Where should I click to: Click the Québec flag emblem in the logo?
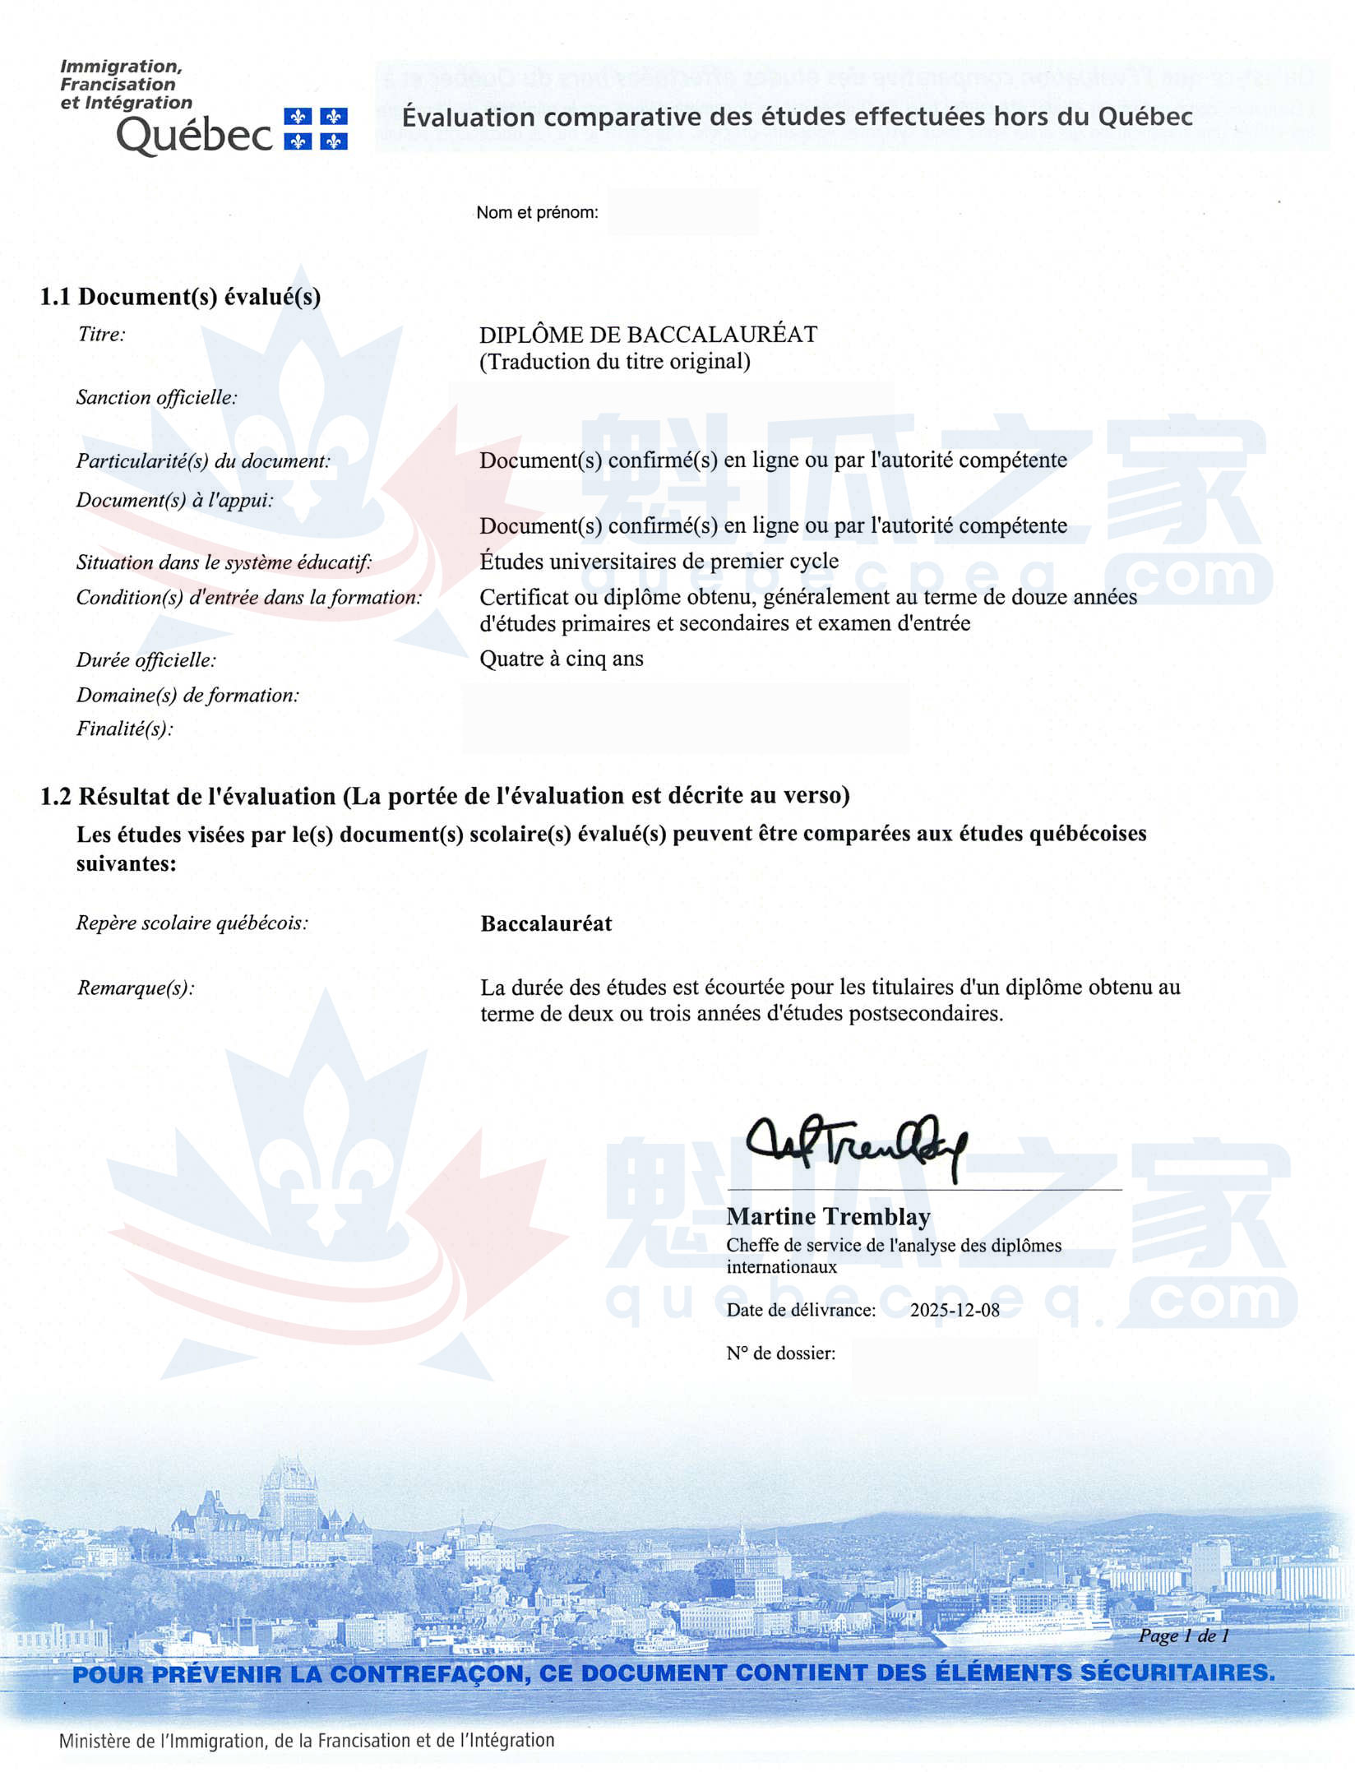click(316, 128)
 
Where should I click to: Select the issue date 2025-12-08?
click(955, 1310)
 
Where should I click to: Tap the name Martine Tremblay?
click(828, 1216)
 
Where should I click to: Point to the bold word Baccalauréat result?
click(546, 923)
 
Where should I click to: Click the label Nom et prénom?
click(537, 212)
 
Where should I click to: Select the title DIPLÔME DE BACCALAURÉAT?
click(648, 335)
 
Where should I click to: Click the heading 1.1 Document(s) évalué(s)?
click(180, 297)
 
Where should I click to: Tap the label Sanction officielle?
click(156, 398)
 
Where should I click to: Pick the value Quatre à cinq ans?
click(562, 659)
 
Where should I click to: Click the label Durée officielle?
click(146, 660)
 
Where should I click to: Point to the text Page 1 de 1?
click(1183, 1636)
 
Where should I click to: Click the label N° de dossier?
click(780, 1353)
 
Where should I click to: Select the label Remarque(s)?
click(136, 988)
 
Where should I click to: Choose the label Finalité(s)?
click(125, 729)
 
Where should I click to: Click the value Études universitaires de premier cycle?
click(659, 562)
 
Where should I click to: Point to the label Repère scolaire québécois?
click(192, 923)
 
